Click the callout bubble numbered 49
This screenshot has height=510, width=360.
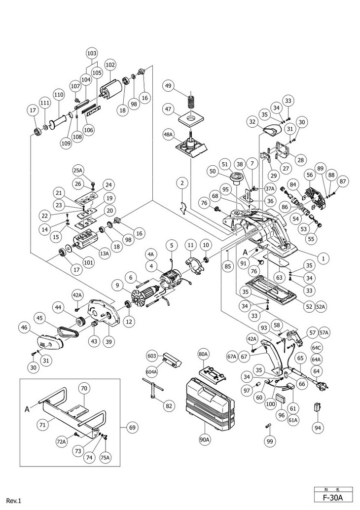coord(168,86)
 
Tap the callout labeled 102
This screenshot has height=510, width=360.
coord(110,65)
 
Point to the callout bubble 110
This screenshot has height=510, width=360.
coord(59,95)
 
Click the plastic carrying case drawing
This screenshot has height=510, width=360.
coord(212,402)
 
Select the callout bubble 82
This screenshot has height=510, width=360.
coord(169,406)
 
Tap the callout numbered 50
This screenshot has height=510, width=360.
coord(213,171)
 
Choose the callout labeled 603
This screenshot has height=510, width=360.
coord(152,356)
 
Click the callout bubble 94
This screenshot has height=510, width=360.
coord(317,428)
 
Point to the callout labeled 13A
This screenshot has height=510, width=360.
coord(104,254)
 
